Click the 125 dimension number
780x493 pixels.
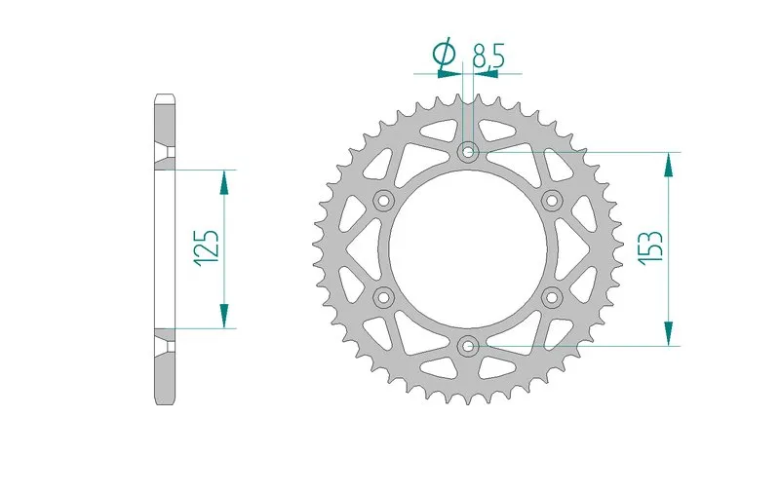[x=207, y=248]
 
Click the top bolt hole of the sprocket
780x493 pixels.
[x=469, y=152]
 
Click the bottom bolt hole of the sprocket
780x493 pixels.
[x=469, y=344]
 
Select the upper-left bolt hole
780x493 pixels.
[x=383, y=201]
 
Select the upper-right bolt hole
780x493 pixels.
[x=553, y=201]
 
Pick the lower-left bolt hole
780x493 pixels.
[x=383, y=295]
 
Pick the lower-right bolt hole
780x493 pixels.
[x=553, y=295]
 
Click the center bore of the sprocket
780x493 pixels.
[x=468, y=248]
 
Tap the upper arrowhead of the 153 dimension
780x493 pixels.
[x=669, y=166]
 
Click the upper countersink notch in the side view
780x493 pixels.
[x=165, y=155]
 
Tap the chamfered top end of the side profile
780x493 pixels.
[x=165, y=98]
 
